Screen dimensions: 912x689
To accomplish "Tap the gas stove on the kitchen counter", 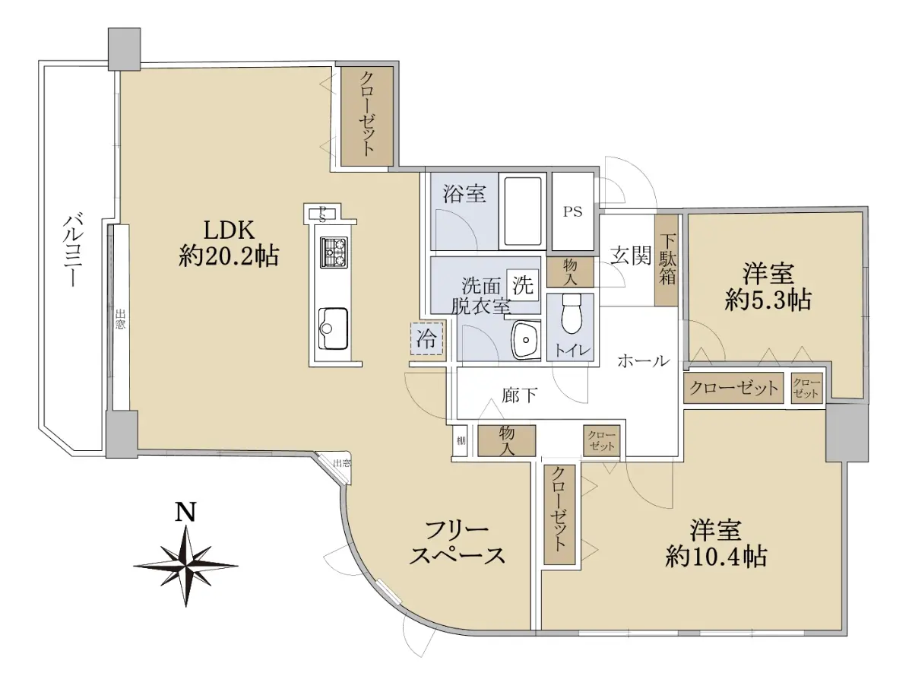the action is coord(334,252).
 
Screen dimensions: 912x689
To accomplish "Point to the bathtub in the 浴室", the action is coord(523,211).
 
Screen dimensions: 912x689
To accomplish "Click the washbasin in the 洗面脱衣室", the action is coord(526,339).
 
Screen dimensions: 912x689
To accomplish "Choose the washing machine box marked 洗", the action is coord(522,284).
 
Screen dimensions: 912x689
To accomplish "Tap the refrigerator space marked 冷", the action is coord(426,338).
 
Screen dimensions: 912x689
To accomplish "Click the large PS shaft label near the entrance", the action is coord(572,212).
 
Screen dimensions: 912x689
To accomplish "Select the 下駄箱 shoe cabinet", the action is coord(667,260).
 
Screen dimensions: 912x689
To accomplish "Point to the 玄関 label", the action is coord(630,256).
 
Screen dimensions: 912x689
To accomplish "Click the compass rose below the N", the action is coord(185,566).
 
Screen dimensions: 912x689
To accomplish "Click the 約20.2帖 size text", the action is coord(229,256).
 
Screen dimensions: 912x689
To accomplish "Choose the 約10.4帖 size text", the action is coord(716,557).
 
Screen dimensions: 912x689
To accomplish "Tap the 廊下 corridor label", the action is coord(520,395).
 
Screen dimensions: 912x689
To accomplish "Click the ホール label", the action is coord(643,361).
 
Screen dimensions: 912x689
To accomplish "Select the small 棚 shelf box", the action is coord(461,440).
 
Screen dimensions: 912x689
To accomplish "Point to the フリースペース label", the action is coord(457,543).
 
